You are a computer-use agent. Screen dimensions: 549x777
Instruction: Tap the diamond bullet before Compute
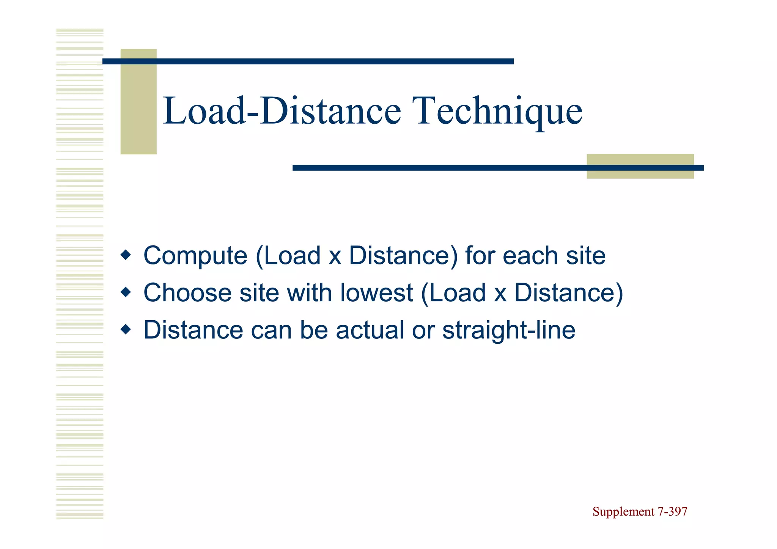tap(126, 255)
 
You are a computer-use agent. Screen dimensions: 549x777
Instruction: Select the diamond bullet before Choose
tap(126, 292)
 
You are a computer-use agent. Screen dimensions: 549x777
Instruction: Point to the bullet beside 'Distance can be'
tap(126, 329)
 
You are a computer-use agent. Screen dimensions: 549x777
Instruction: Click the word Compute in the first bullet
tap(195, 256)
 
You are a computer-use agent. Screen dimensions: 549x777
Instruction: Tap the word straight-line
tap(509, 330)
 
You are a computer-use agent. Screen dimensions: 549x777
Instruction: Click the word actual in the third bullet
tap(370, 330)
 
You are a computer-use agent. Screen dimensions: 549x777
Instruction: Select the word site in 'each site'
tap(586, 256)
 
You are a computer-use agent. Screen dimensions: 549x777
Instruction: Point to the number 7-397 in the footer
tap(672, 512)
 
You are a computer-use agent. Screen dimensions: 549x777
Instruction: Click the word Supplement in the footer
tap(623, 512)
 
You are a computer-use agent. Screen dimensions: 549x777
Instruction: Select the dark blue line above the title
tap(308, 61)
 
